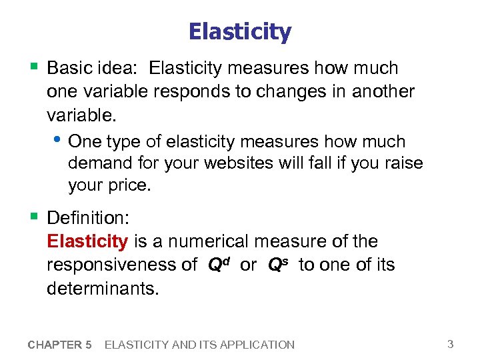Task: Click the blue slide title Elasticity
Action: (240, 32)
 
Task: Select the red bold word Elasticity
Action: (87, 241)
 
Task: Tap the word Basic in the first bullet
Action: (70, 69)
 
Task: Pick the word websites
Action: (230, 163)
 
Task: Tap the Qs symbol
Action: (278, 265)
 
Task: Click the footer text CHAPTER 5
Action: (60, 345)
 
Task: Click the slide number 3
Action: (451, 344)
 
